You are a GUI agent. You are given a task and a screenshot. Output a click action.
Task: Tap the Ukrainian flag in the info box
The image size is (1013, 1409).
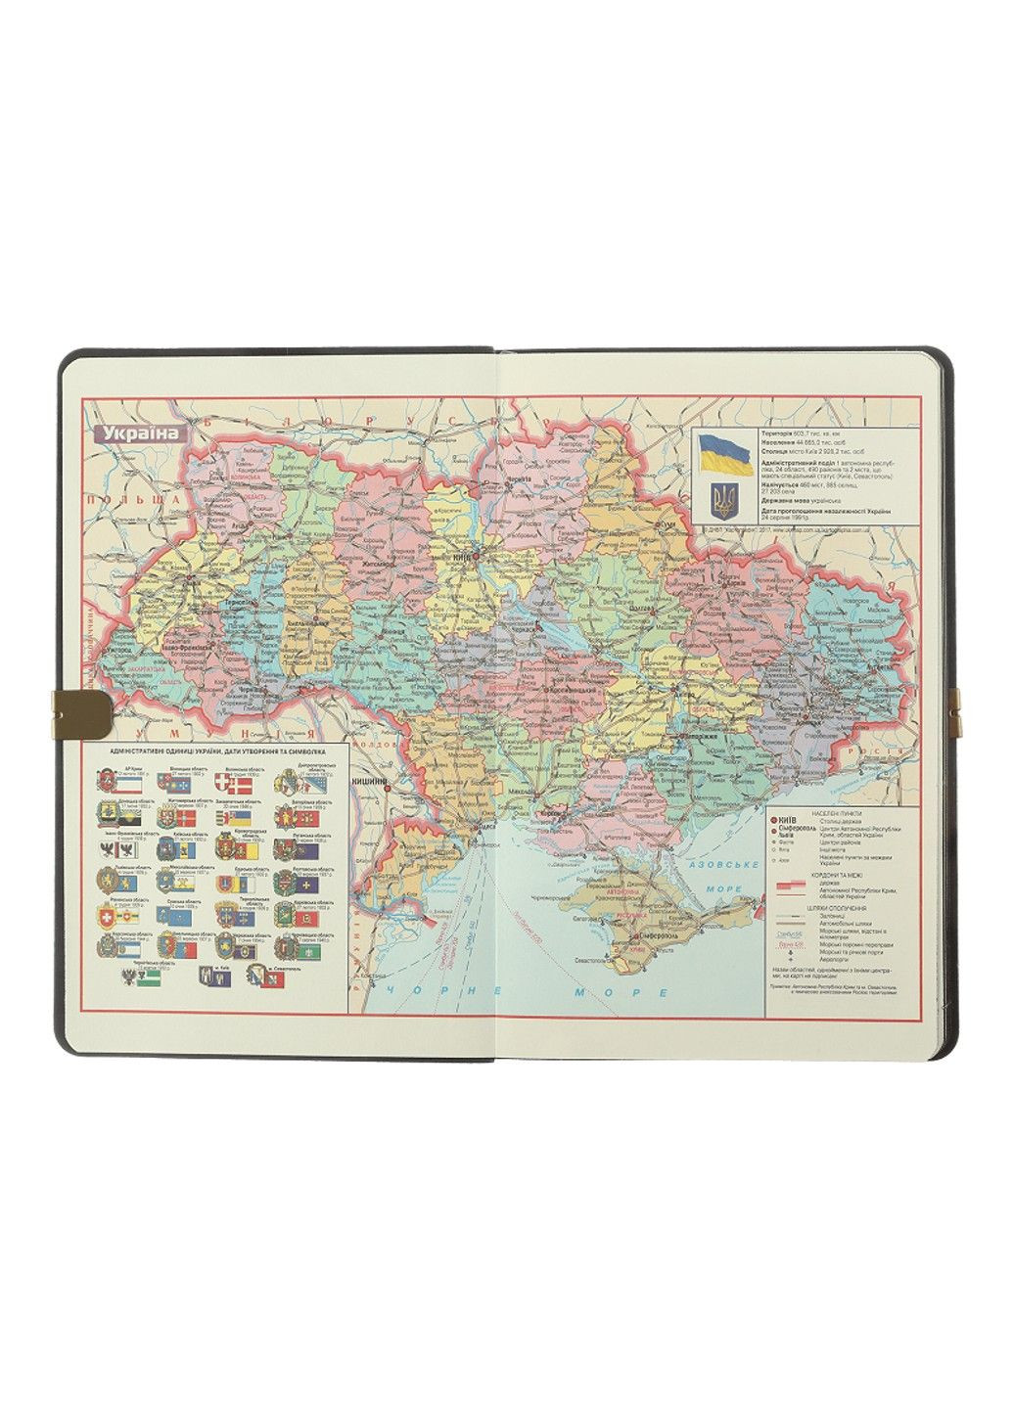pos(724,455)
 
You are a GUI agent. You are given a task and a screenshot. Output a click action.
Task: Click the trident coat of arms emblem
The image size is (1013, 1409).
pos(724,502)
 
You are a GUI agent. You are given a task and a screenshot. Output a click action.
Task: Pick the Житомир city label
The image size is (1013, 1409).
pos(376,564)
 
